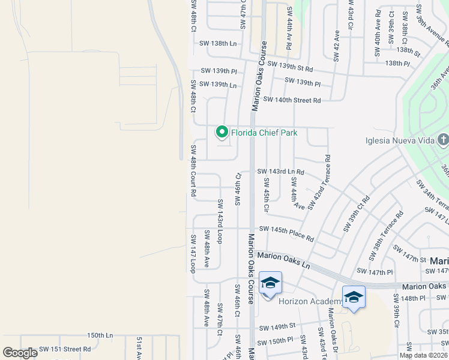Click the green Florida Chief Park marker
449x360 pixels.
(x=221, y=132)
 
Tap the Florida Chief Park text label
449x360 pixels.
(x=265, y=133)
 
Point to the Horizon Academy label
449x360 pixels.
(x=309, y=301)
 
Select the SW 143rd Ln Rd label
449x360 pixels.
(x=281, y=172)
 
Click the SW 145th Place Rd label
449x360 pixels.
(x=286, y=233)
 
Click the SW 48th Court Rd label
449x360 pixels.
(x=193, y=171)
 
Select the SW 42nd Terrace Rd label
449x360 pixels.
(x=319, y=182)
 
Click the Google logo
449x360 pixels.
(x=20, y=353)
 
